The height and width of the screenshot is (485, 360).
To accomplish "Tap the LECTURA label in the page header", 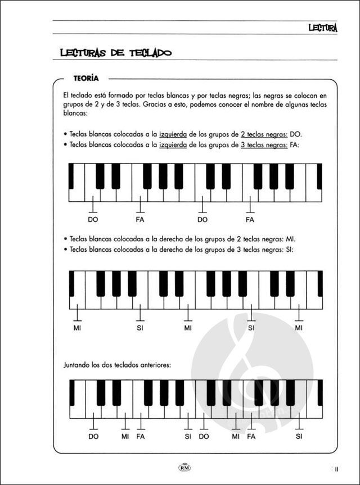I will pyautogui.click(x=322, y=26).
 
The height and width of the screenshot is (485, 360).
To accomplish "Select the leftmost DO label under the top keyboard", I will pyautogui.click(x=93, y=220).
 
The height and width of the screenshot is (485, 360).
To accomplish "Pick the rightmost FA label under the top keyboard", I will pyautogui.click(x=250, y=220).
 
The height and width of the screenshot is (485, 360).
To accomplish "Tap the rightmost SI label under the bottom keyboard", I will pyautogui.click(x=299, y=436).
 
